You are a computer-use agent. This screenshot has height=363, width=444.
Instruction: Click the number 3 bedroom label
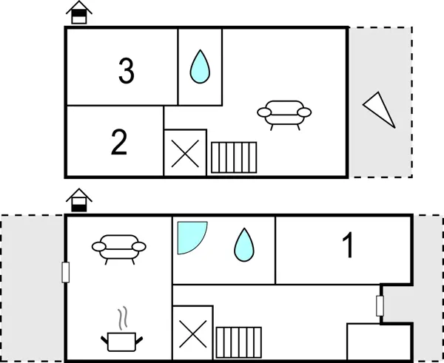tap(127, 71)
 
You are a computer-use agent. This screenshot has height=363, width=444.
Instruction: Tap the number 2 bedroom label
tap(119, 142)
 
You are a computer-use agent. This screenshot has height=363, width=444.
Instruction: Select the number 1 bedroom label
tap(348, 245)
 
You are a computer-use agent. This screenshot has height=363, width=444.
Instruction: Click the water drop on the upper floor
tap(200, 67)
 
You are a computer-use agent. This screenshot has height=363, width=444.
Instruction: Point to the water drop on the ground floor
tap(244, 245)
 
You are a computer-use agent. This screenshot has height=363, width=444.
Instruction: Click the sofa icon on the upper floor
tap(284, 115)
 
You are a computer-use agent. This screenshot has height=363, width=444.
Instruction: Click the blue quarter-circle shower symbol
tap(192, 237)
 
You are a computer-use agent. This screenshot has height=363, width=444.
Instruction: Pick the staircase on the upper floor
tap(234, 157)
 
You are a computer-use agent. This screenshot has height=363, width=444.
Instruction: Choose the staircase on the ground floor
tap(239, 342)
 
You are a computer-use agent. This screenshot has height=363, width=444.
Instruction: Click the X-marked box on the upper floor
tap(185, 153)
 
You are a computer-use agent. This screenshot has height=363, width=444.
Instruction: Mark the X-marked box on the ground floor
tap(193, 333)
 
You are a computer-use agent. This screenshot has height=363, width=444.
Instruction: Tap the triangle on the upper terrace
tap(379, 109)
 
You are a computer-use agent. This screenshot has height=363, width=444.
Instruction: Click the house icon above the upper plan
tap(79, 13)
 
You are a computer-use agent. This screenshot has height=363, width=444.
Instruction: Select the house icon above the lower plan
tap(79, 200)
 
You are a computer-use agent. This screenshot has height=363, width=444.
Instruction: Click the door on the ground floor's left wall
tap(65, 272)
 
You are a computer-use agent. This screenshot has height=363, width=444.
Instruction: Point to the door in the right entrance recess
tap(380, 306)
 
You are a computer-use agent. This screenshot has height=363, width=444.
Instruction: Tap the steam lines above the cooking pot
tap(123, 318)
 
